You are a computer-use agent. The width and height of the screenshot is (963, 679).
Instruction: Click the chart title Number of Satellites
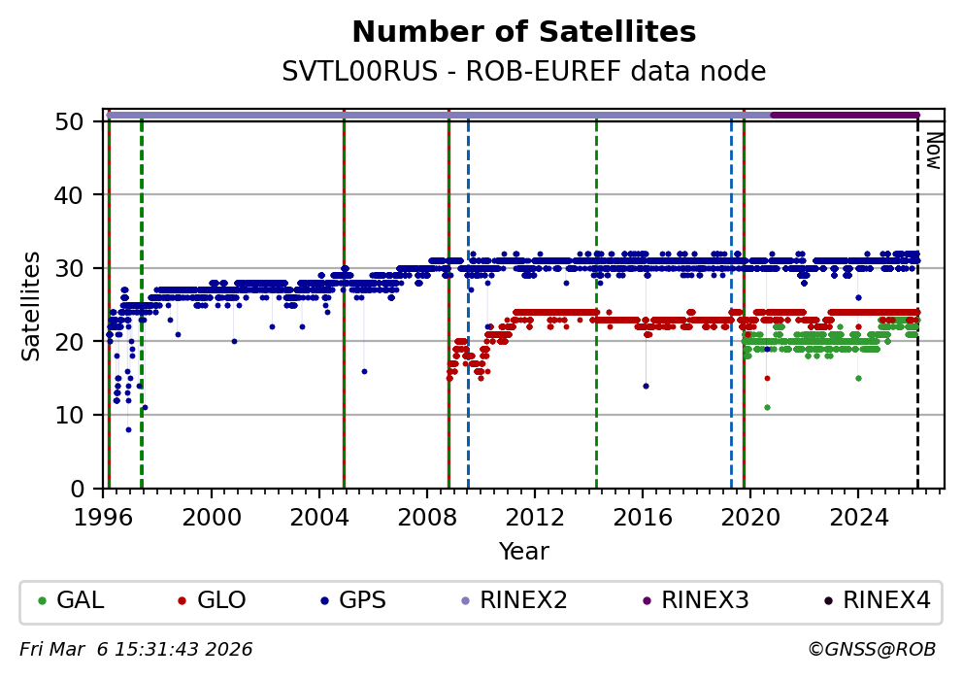(x=523, y=32)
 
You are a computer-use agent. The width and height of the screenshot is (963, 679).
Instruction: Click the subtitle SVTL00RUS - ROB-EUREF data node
(x=523, y=72)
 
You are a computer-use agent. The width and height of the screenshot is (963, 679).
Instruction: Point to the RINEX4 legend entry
(x=874, y=600)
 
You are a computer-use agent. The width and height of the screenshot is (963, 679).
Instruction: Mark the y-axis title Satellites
(x=32, y=305)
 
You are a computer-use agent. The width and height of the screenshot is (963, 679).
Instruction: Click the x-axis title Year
(x=523, y=552)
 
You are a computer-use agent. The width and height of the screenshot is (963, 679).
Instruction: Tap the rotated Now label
(x=932, y=151)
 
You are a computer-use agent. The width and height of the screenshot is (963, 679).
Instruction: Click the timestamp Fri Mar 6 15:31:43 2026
(x=136, y=649)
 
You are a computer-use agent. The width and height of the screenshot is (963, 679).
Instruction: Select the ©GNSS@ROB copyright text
(x=871, y=649)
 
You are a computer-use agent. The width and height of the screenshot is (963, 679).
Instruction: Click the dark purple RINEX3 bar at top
(x=845, y=115)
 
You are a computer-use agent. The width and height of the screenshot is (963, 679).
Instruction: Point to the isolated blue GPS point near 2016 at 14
(x=646, y=386)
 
